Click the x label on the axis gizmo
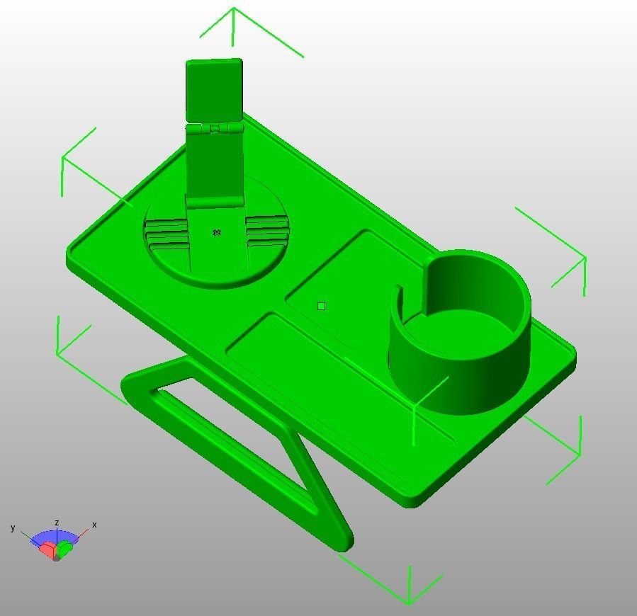pyautogui.click(x=94, y=525)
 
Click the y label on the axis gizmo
pyautogui.click(x=13, y=527)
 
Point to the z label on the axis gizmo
pyautogui.click(x=57, y=523)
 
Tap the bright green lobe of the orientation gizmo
pyautogui.click(x=66, y=547)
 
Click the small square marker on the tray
pyautogui.click(x=322, y=306)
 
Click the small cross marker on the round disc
pyautogui.click(x=218, y=232)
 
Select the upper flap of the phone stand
pyautogui.click(x=214, y=90)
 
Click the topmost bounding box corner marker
pyautogui.click(x=234, y=9)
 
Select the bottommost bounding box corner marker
pyautogui.click(x=409, y=603)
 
